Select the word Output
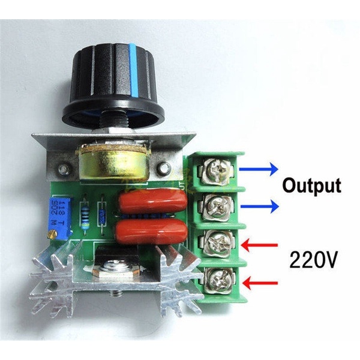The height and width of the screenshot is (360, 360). [x=311, y=185]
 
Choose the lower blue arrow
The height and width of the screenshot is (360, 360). [x=259, y=207]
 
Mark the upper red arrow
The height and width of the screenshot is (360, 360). [x=259, y=245]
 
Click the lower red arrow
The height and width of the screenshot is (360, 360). [x=259, y=283]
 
